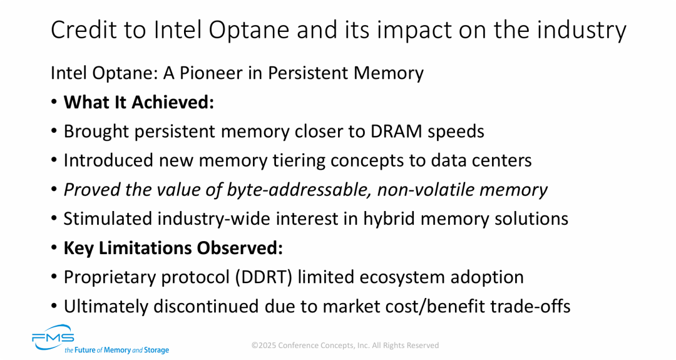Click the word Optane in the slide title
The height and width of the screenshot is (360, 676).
click(249, 31)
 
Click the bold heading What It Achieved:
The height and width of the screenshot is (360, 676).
click(139, 102)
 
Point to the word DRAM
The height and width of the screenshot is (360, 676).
click(396, 131)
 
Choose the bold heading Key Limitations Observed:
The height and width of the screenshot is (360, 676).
click(173, 249)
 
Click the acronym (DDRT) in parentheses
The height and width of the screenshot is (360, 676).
click(264, 277)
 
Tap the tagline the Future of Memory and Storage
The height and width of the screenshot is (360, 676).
click(117, 350)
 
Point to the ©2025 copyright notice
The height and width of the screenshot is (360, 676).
click(346, 346)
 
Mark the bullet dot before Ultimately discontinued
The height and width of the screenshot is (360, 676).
click(54, 307)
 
